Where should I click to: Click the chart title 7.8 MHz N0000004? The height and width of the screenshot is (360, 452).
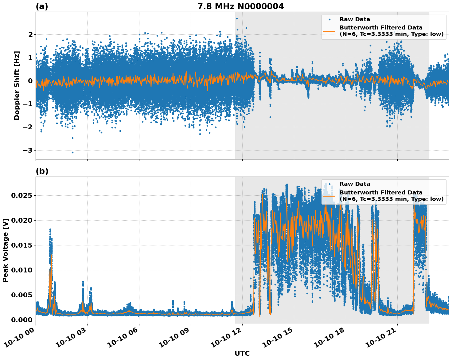click(x=240, y=6)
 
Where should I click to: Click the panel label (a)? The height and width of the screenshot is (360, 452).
click(x=42, y=6)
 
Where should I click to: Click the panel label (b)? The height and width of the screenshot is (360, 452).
click(x=42, y=171)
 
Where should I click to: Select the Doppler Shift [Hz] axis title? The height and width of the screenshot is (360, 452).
click(x=17, y=85)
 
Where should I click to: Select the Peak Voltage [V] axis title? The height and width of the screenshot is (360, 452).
click(x=6, y=250)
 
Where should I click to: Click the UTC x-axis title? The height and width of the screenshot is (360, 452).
click(x=242, y=353)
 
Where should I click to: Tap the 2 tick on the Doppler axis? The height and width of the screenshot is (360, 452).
click(x=30, y=34)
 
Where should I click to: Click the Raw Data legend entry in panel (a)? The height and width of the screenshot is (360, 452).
click(x=355, y=19)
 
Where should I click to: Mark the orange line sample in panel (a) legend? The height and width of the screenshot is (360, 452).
click(x=329, y=31)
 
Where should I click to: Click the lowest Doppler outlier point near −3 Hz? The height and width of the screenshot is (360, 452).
click(x=72, y=152)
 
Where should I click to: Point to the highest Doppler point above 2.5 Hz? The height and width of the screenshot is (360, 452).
click(x=237, y=18)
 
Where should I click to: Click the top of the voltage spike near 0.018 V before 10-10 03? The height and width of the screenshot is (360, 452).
click(x=50, y=229)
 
